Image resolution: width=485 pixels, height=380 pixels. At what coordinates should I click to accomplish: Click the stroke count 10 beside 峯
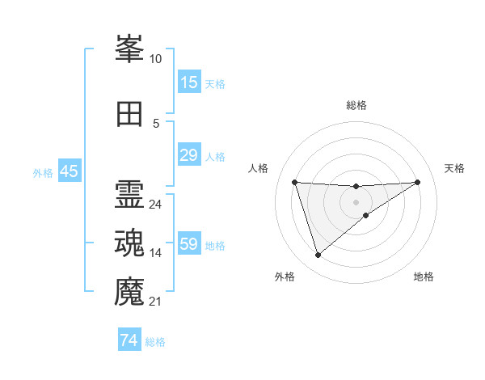click(155, 59)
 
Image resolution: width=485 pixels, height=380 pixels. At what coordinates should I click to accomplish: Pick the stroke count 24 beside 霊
click(155, 205)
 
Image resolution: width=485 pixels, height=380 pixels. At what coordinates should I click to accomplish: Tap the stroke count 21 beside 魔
click(155, 302)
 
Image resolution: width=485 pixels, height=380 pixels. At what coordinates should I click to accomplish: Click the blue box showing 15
click(188, 82)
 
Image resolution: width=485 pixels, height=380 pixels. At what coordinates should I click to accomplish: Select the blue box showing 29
click(188, 155)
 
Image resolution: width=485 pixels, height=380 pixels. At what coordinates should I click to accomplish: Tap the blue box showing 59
click(188, 244)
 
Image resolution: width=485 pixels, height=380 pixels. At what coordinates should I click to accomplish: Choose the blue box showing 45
click(69, 171)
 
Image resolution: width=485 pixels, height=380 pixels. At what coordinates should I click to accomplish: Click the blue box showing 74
click(129, 341)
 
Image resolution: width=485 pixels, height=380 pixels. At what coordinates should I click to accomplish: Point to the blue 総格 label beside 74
click(155, 342)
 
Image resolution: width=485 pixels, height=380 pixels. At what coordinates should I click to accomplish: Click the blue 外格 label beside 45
click(43, 172)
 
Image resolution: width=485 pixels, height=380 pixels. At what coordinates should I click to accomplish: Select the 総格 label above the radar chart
click(356, 105)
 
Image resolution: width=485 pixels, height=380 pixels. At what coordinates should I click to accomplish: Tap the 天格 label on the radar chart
click(454, 168)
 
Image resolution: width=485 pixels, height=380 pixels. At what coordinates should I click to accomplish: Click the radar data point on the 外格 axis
click(318, 255)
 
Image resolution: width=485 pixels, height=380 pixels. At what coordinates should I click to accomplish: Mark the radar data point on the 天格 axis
click(417, 182)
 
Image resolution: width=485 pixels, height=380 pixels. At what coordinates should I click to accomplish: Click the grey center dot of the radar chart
click(356, 201)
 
